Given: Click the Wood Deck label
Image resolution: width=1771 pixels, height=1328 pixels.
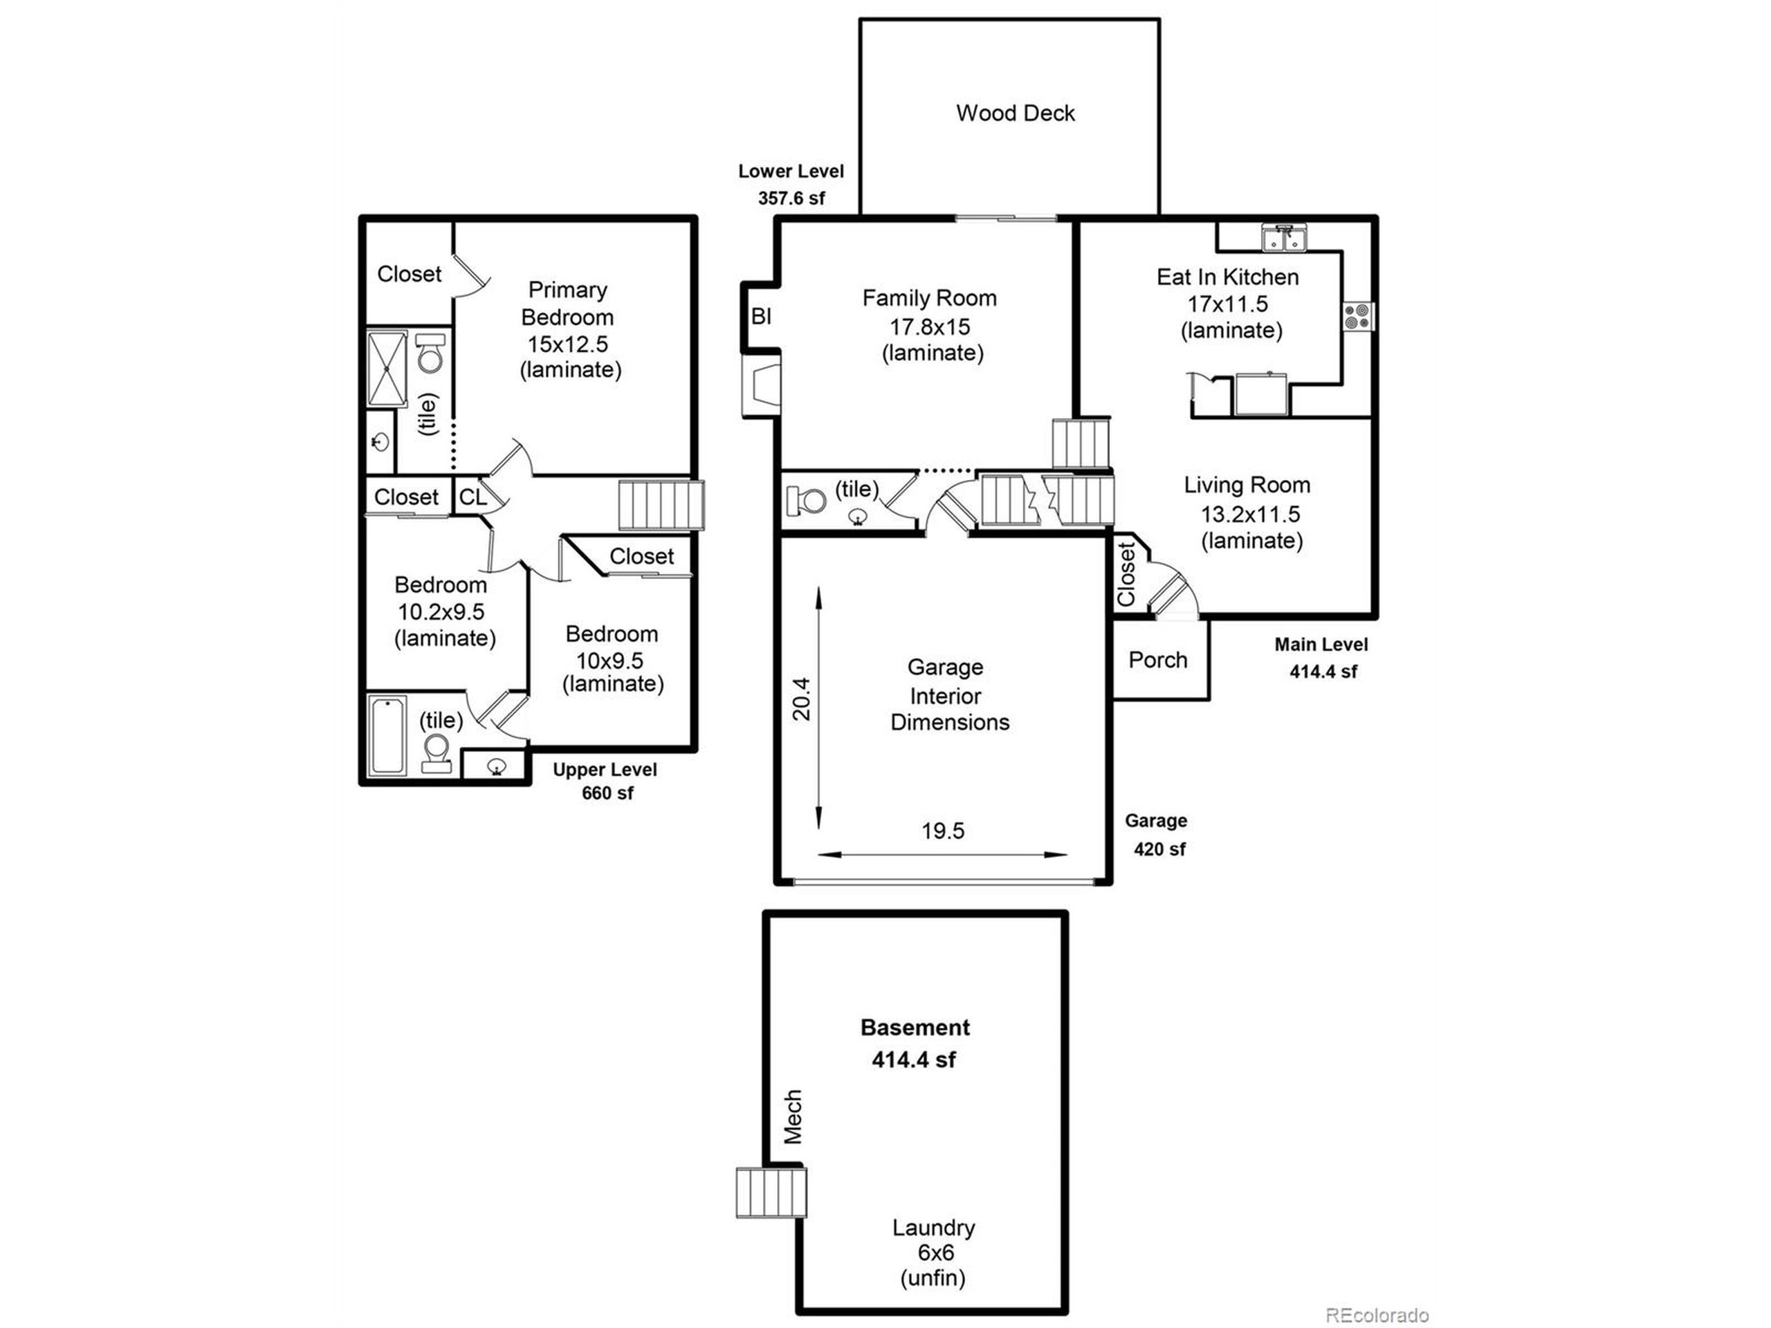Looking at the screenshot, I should coord(1014,113).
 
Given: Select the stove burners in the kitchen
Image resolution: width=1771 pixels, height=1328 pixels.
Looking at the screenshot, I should coord(1357,316).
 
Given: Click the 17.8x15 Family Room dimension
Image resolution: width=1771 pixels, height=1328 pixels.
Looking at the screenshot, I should coord(930,326).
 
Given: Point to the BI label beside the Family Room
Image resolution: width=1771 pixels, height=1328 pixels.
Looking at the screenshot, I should coord(760,317).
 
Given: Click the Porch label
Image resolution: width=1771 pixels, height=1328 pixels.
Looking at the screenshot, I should coord(1157,660).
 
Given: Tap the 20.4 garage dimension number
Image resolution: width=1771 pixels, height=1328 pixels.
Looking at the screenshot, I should coord(801,699).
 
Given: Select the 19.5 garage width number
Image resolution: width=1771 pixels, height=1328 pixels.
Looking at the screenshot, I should coord(942,831).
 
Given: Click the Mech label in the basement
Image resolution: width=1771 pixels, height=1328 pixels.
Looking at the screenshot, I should coord(792,1116).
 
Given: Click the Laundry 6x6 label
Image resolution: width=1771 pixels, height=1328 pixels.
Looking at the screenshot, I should coord(933,1240).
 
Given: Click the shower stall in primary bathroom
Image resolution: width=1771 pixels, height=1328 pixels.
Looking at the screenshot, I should coord(387,369).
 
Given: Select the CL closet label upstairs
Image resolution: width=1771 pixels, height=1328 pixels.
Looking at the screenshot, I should coord(472,497).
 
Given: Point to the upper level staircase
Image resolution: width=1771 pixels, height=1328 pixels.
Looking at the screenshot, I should coord(661,504).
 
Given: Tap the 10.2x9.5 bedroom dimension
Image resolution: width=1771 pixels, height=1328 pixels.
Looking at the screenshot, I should coord(441,611).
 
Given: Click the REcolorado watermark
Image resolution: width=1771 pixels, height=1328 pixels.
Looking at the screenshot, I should coord(1376,1315).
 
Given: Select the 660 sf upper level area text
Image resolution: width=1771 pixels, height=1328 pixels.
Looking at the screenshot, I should coord(607,793).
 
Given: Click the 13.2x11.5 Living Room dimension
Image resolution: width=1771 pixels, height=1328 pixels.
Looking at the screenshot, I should coord(1250,514).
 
